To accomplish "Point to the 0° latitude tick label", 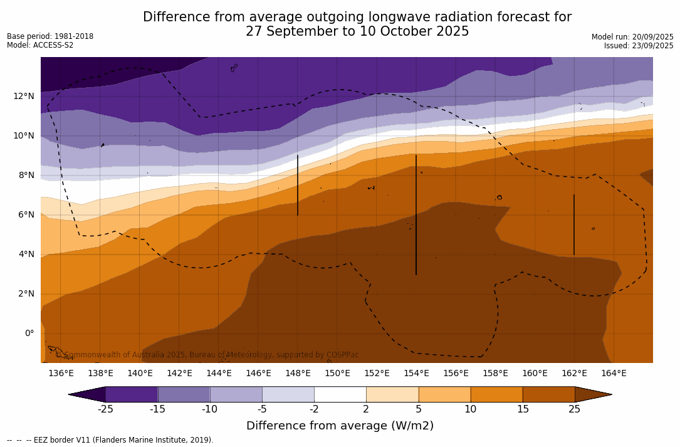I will click(29, 333).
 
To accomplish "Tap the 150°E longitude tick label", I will click(337, 373).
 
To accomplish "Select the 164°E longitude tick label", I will click(614, 373).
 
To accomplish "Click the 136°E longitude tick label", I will click(61, 373).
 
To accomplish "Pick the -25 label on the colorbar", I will click(105, 409).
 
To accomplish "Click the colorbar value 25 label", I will click(575, 409).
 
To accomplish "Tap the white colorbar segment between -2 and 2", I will click(340, 394).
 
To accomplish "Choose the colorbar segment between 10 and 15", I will click(496, 394).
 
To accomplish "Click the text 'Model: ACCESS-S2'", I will click(40, 45).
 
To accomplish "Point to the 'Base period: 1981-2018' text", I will click(50, 36).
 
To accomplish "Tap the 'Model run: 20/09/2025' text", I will click(632, 37).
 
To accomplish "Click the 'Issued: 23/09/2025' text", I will click(639, 46).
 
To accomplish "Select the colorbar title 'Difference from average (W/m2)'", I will click(340, 426).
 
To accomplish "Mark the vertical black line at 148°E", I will click(298, 185).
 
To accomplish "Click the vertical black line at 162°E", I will click(574, 224).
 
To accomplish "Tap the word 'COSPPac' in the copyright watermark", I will click(342, 355).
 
